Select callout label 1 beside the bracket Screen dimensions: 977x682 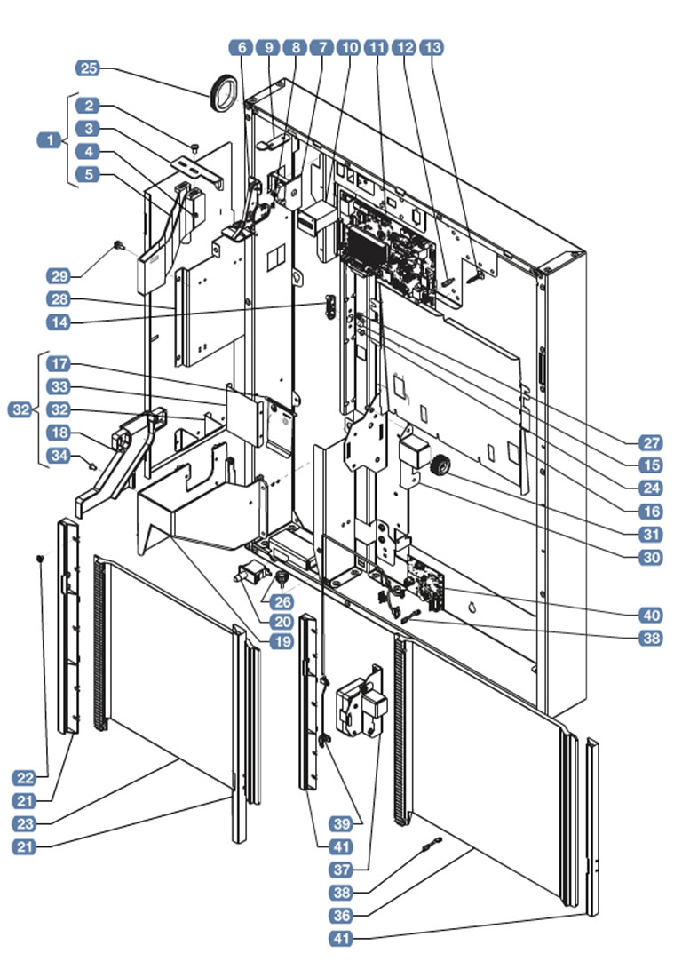pyautogui.click(x=51, y=139)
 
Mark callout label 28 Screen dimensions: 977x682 pyautogui.click(x=87, y=299)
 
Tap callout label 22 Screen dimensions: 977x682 pyautogui.click(x=26, y=778)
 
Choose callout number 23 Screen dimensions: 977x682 pyautogui.click(x=26, y=823)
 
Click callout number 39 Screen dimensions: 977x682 pyautogui.click(x=341, y=821)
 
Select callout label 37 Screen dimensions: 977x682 pyautogui.click(x=341, y=868)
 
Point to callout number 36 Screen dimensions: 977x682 pyautogui.click(x=341, y=914)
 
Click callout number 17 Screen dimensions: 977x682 pyautogui.click(x=87, y=364)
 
